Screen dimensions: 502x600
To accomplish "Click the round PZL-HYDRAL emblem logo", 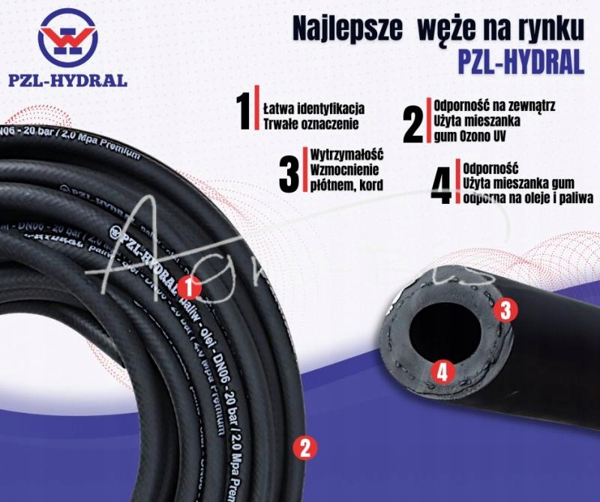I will (x=67, y=37).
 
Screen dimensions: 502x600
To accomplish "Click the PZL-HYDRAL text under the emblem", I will (x=68, y=80).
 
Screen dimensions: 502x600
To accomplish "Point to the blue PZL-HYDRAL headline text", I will (x=520, y=63).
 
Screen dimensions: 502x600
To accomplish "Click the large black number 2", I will (x=413, y=124).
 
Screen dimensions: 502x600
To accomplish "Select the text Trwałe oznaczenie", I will (x=308, y=123).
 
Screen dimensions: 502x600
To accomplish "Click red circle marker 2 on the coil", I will (x=304, y=447).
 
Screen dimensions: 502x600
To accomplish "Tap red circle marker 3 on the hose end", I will (x=505, y=309).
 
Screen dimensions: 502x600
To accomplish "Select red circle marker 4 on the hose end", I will (x=442, y=371).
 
